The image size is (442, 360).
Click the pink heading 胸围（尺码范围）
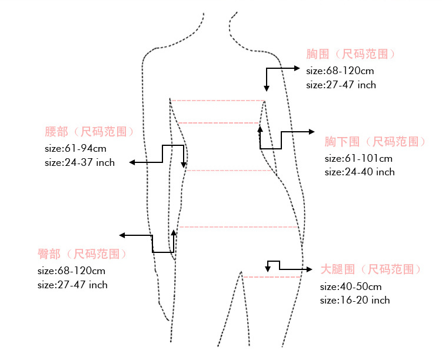(351, 54)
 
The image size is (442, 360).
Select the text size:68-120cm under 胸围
(340, 71)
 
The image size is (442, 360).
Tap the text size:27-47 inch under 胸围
(341, 85)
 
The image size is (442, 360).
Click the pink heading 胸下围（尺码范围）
(375, 142)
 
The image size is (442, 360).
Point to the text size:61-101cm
(358, 158)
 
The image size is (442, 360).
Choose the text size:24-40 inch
(360, 172)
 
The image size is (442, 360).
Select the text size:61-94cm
(75, 148)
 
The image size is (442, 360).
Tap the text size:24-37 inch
(79, 162)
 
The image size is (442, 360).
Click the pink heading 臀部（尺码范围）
(82, 254)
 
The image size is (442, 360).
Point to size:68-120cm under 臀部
(71, 271)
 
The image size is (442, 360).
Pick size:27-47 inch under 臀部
(72, 285)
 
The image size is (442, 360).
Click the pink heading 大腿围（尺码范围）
(371, 269)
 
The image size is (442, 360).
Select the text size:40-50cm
(351, 286)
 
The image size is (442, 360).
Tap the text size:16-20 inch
(355, 300)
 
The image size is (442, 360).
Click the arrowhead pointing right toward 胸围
(297, 68)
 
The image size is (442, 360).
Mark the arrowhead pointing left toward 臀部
(123, 235)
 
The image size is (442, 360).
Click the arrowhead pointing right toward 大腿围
(308, 269)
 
